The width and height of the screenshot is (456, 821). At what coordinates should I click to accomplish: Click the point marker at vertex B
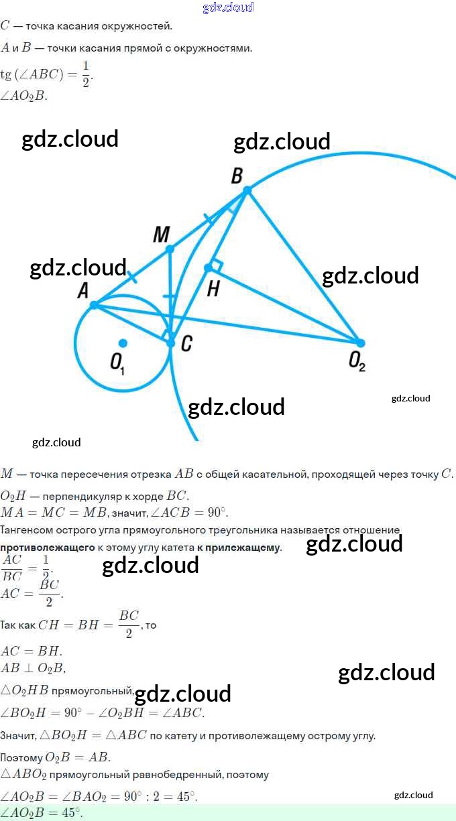247,191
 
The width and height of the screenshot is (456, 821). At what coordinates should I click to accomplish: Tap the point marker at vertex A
94,305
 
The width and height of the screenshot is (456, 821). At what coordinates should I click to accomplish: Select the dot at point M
170,249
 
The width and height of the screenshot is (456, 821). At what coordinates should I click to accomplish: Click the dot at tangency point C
171,342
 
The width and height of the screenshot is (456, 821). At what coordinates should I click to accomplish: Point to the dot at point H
208,268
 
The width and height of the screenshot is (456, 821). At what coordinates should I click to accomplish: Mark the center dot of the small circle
123,342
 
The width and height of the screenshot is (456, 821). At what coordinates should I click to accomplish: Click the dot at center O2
360,342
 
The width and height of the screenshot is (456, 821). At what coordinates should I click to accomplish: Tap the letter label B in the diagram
237,176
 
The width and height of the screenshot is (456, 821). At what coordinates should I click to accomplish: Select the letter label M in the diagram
161,235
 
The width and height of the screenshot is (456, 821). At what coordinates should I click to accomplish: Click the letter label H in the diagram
213,289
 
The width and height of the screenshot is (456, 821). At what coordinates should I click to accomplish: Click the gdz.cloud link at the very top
228,7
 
